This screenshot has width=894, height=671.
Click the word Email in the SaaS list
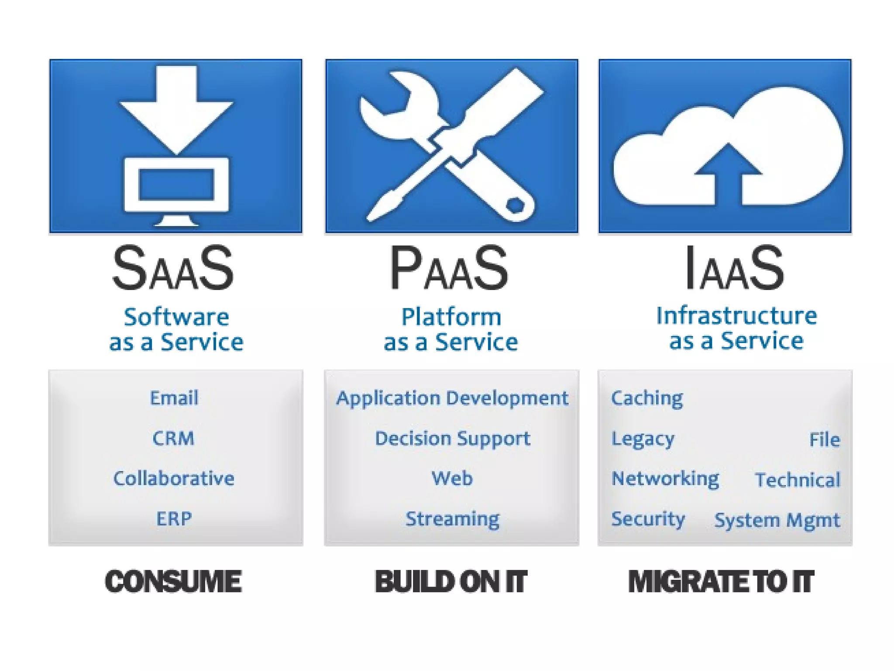pos(174,398)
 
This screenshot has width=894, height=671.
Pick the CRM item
pos(173,438)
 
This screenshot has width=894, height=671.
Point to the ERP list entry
pos(174,519)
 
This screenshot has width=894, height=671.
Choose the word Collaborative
pos(174,478)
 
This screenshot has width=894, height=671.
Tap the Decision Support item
pos(453,439)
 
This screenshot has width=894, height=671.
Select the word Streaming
pos(453,519)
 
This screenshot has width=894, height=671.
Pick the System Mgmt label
pos(777,520)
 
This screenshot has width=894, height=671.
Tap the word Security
pos(648,519)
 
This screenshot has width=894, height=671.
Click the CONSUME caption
pos(173,581)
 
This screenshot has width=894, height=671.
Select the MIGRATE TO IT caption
pos(721,581)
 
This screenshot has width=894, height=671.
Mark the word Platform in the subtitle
pos(451,317)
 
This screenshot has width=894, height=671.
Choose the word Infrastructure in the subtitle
pos(736,316)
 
